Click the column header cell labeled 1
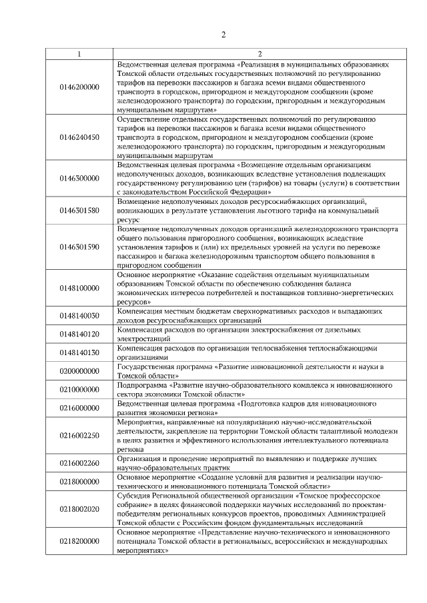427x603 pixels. coord(79,53)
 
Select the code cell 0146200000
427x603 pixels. coord(79,87)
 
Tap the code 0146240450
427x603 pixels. coord(79,137)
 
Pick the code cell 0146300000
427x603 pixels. coord(79,178)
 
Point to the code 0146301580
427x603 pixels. coord(79,210)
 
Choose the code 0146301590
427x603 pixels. coord(79,247)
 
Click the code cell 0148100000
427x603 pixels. coord(79,288)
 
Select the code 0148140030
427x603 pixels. coord(79,316)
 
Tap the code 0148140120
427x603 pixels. coord(79,334)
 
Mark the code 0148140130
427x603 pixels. coord(79,352)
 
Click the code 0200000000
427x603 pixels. coord(79,370)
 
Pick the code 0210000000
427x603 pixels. coord(79,388)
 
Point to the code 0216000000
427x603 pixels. coord(79,407)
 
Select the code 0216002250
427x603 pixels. coord(79,435)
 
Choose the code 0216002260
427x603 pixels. coord(79,463)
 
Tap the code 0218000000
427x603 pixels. coord(79,481)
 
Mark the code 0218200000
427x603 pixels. coord(79,542)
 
